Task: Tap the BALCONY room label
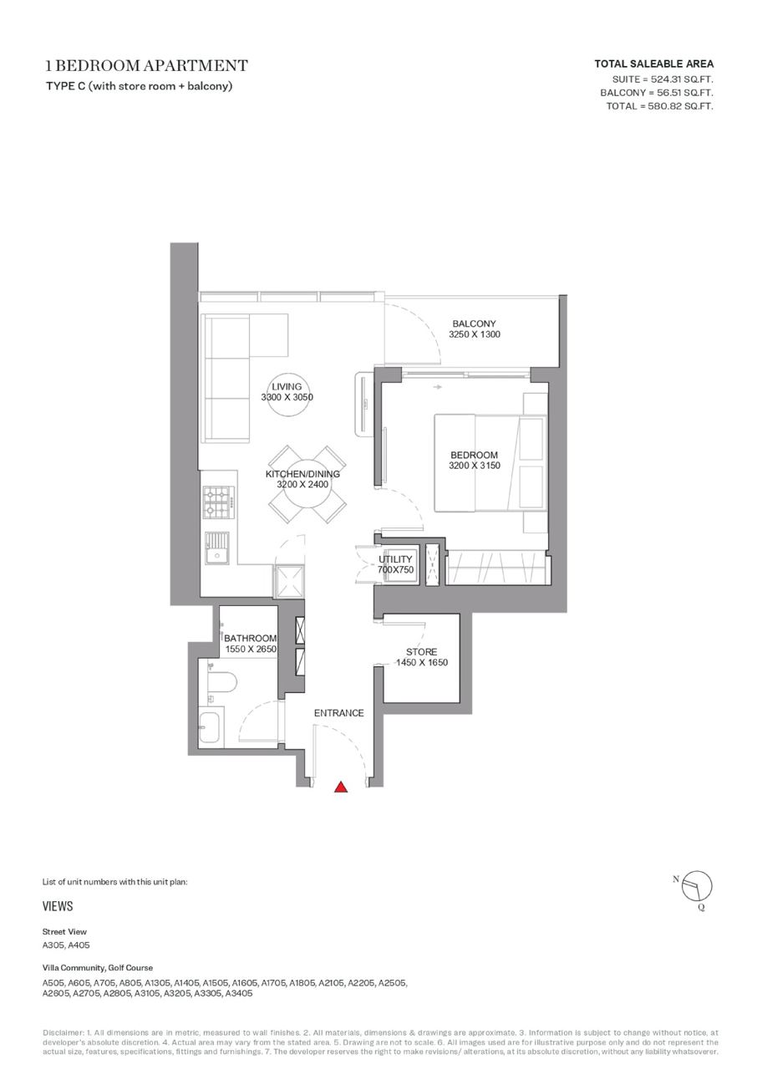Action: [x=474, y=324]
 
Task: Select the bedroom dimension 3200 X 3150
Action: [x=474, y=466]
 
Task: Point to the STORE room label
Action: [x=421, y=651]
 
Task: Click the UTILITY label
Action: [x=395, y=559]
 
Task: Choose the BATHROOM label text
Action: [x=250, y=638]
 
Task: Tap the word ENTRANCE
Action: [x=339, y=713]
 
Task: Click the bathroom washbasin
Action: [x=211, y=727]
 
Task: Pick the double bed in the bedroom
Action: [x=490, y=463]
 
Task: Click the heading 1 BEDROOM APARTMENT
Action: [x=146, y=65]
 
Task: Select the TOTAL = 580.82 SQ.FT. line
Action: [x=659, y=106]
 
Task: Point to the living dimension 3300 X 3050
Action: [x=287, y=397]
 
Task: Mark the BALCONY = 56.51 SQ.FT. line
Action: [x=657, y=93]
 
